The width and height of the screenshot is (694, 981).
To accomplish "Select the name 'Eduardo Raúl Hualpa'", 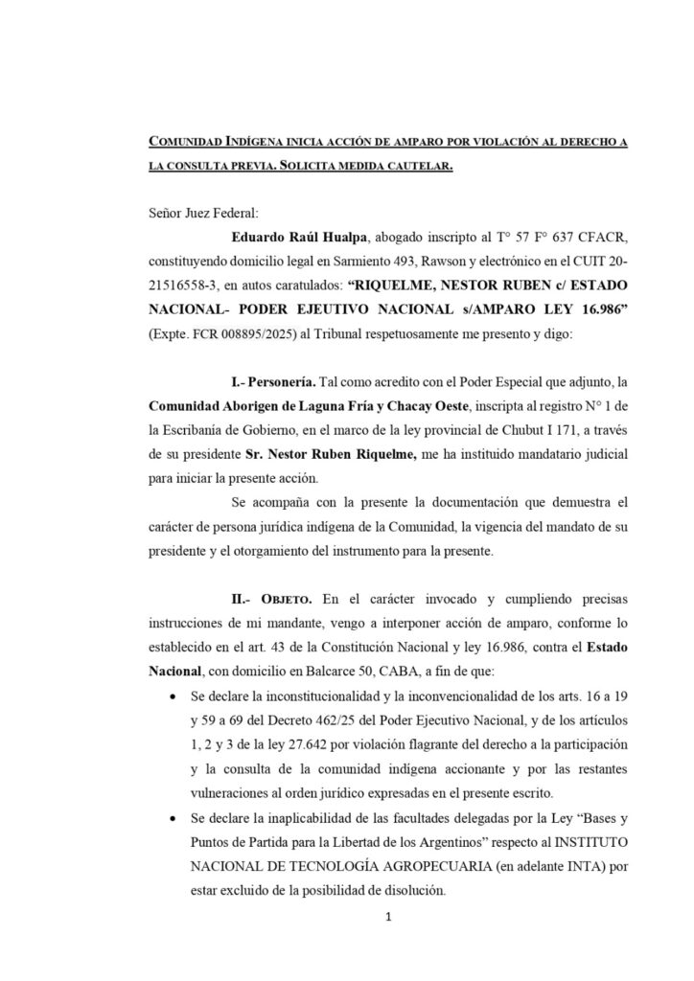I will click(x=291, y=236).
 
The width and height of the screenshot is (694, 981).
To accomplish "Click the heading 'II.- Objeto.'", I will click(x=275, y=601).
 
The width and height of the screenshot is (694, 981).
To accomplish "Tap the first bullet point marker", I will click(x=171, y=697).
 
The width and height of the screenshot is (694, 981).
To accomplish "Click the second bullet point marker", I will click(x=171, y=822).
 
